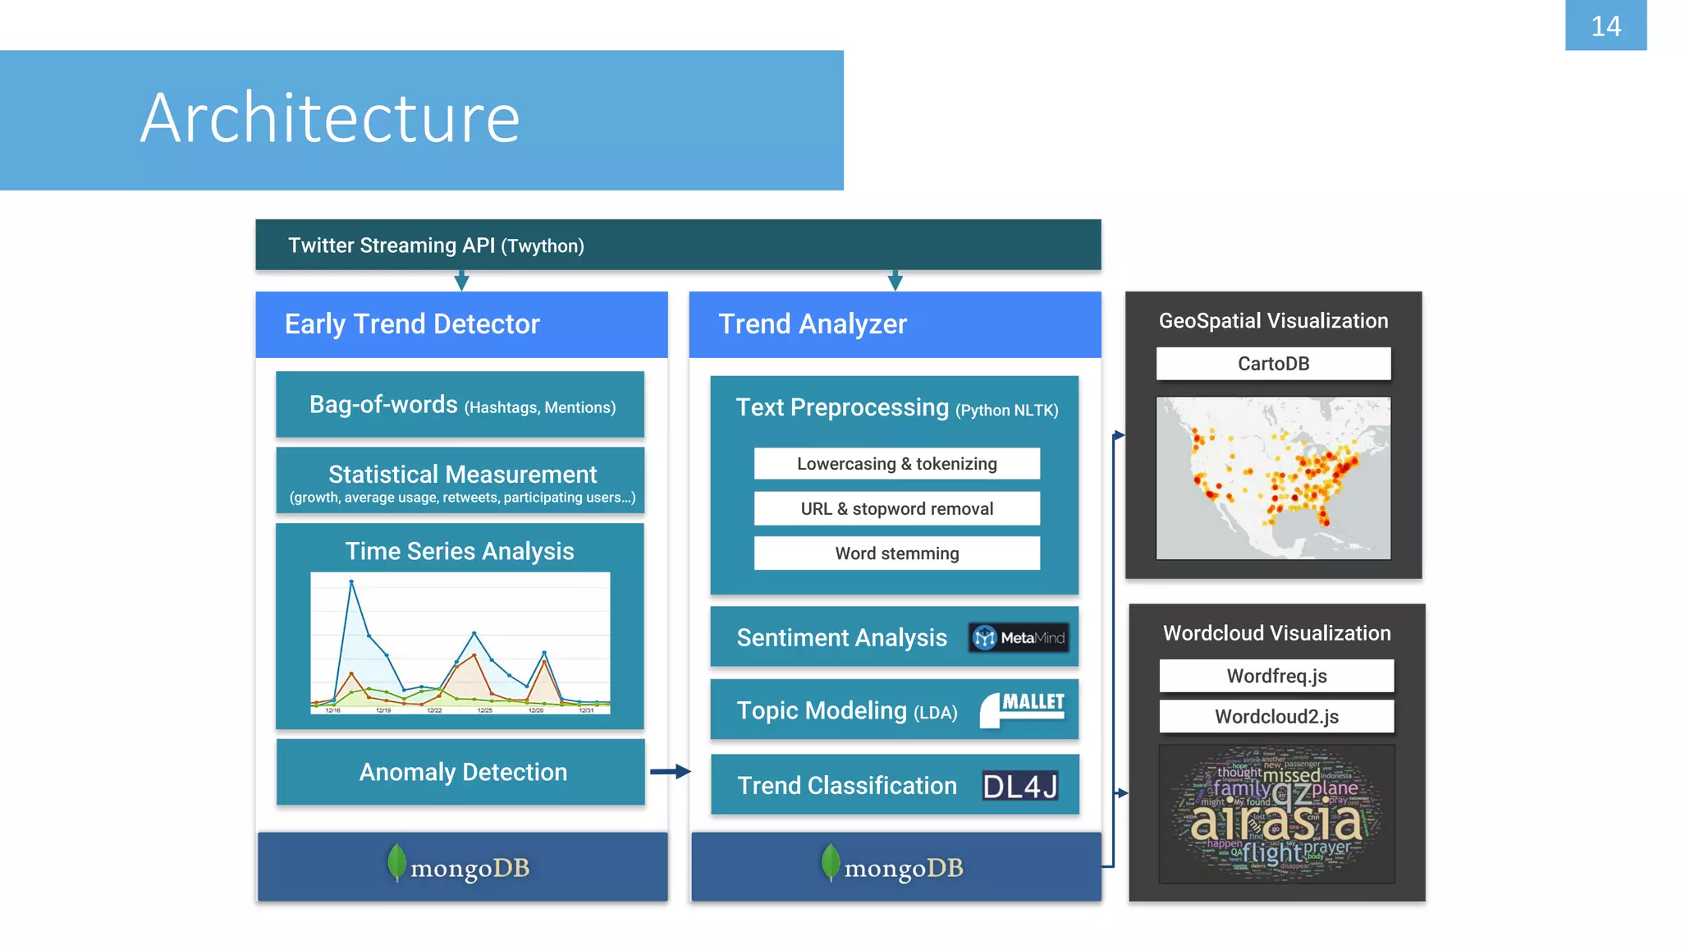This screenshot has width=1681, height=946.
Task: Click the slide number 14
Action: [1605, 26]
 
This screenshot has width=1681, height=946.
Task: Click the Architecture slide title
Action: [330, 119]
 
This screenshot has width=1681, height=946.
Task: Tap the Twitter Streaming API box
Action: [678, 245]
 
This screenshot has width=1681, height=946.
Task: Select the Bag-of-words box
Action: [460, 405]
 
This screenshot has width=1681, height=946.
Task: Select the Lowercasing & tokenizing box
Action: [896, 464]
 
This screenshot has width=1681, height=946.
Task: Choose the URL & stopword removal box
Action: [896, 509]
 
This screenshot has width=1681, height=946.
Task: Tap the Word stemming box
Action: [896, 553]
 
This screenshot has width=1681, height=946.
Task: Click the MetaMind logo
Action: [1019, 637]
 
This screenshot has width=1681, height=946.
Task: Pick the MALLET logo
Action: [1023, 708]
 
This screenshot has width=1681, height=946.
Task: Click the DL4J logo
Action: [1020, 786]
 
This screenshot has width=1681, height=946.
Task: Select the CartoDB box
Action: [1273, 364]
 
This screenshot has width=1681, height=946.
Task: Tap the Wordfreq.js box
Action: [1276, 676]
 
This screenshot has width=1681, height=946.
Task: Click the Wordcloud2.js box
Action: [1276, 716]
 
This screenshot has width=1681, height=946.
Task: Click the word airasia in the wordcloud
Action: [1276, 821]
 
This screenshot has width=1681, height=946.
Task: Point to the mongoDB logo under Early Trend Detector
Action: [460, 866]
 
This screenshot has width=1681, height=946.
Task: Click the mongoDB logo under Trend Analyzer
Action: [893, 866]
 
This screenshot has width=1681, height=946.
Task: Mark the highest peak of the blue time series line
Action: [351, 582]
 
